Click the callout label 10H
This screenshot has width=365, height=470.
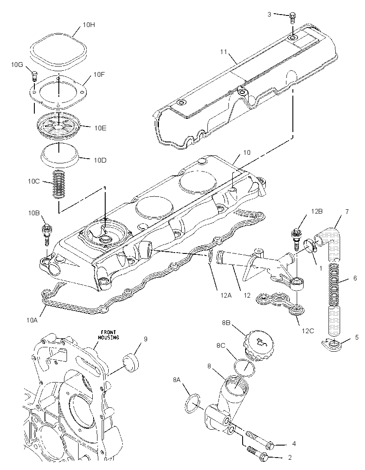click(x=89, y=25)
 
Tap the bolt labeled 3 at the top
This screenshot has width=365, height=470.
click(x=292, y=18)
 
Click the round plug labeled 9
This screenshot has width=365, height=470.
click(x=131, y=362)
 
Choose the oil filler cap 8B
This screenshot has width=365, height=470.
click(x=258, y=345)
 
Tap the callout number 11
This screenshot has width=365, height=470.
click(x=223, y=51)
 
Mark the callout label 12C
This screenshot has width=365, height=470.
click(x=307, y=331)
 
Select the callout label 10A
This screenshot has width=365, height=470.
click(x=31, y=320)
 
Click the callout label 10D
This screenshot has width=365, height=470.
click(x=100, y=160)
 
